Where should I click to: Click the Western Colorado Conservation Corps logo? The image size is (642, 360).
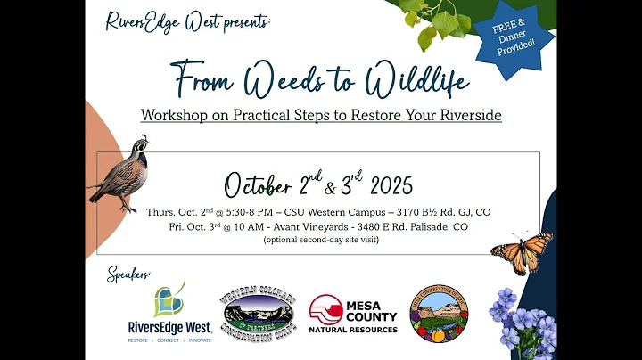click(258, 315)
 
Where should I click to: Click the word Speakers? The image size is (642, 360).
click(130, 273)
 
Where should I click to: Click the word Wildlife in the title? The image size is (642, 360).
click(416, 82)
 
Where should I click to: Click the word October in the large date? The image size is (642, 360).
click(258, 186)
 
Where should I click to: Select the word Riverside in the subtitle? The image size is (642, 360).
click(468, 115)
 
